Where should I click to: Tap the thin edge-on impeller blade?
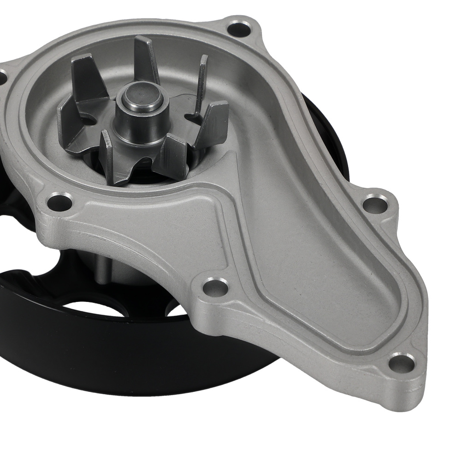(201, 83)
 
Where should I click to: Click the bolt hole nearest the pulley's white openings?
(215, 287)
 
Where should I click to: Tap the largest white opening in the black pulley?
(92, 307)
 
